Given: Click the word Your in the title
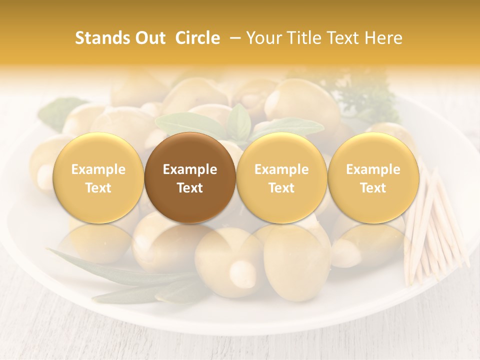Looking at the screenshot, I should coord(264,38).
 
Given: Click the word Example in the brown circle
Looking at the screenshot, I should coord(190,169).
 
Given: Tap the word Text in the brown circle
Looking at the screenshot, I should coord(190,188).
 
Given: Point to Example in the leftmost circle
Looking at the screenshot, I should coord(98,169).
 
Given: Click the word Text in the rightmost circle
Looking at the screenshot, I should coord(373,188).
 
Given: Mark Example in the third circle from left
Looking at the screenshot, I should coord(281,169).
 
